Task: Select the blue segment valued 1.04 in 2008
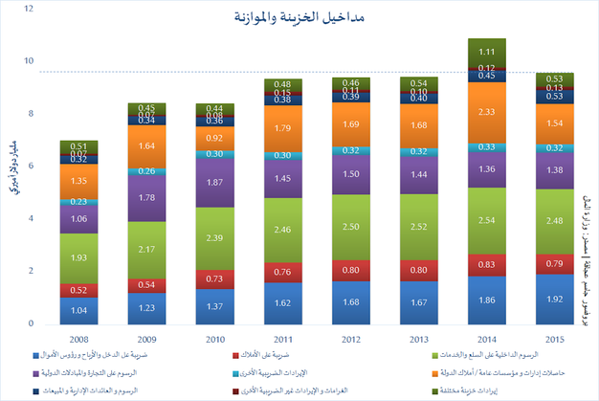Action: pyautogui.click(x=78, y=310)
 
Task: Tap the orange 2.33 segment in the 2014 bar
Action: pyautogui.click(x=486, y=112)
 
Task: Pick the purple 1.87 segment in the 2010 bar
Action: pyautogui.click(x=214, y=182)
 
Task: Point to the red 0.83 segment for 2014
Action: pyautogui.click(x=486, y=264)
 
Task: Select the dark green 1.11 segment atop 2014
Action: pyautogui.click(x=486, y=52)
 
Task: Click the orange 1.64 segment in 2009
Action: pyautogui.click(x=146, y=146)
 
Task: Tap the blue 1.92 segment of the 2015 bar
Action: pyautogui.click(x=554, y=299)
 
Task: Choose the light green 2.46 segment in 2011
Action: pyautogui.click(x=282, y=230)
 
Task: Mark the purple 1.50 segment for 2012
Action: pyautogui.click(x=350, y=174)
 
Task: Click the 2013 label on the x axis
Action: pyautogui.click(x=418, y=338)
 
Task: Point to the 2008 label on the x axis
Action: pyautogui.click(x=78, y=338)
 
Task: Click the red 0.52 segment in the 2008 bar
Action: pyautogui.click(x=78, y=290)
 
